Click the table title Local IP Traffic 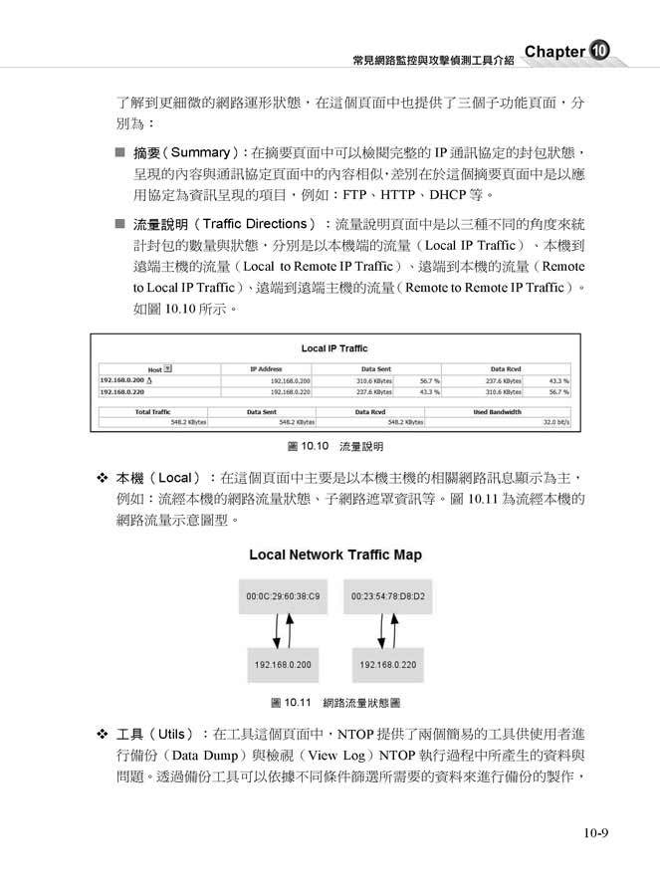[333, 348]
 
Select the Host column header [159, 368]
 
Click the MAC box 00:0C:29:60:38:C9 [283, 595]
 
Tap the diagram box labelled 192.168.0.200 [283, 664]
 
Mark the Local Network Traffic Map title [334, 554]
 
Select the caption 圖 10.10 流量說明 [334, 446]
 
